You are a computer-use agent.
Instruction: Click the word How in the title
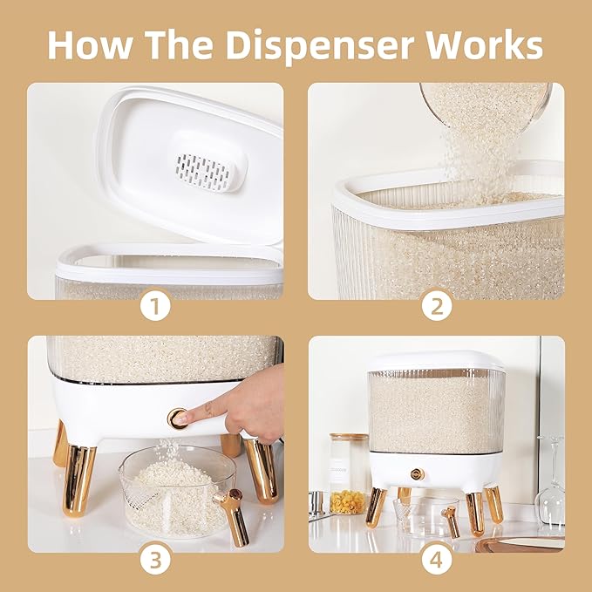[91, 44]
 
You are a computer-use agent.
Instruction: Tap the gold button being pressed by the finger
[178, 418]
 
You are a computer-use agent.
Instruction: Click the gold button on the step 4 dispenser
[418, 473]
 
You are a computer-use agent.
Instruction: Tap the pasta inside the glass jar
[348, 500]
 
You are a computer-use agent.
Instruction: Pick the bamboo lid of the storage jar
[348, 439]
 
